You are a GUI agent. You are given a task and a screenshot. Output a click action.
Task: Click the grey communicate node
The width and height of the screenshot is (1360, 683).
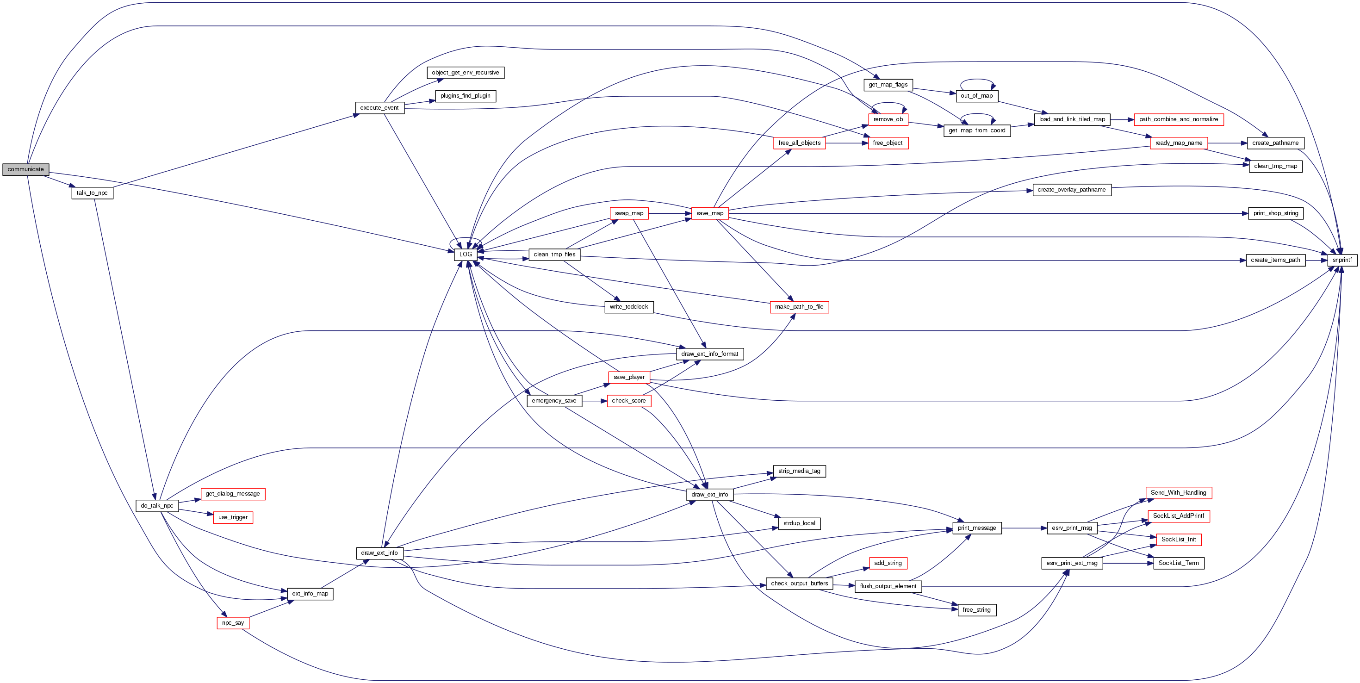[25, 169]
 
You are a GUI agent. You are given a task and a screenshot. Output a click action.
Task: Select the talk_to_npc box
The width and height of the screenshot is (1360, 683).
[92, 193]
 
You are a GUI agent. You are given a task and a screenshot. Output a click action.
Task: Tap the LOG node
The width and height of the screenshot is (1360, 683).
[465, 255]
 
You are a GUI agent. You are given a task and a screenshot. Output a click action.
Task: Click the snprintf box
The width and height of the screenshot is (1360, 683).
[1341, 260]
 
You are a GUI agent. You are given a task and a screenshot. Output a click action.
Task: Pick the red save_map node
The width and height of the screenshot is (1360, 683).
[709, 214]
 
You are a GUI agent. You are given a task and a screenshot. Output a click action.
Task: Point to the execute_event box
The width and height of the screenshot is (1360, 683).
[379, 108]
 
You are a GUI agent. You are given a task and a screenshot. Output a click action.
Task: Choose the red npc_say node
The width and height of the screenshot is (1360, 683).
[233, 623]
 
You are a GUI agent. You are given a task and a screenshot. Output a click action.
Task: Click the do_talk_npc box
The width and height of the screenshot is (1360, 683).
[157, 506]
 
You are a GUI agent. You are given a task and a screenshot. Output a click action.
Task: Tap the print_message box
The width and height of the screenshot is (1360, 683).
[977, 528]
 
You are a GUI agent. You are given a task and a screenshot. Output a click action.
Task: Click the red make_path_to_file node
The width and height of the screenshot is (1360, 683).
[799, 307]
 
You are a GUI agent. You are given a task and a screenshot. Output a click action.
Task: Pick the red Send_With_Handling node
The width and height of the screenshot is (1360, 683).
[1179, 493]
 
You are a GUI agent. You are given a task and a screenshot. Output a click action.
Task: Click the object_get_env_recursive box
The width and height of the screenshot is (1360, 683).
[465, 73]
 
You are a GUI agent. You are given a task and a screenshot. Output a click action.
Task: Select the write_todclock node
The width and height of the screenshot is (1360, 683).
[628, 307]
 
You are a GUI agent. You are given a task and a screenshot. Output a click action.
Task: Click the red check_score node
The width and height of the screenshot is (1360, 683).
[628, 401]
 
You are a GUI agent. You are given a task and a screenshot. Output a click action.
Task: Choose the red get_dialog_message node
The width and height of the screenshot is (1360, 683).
[232, 494]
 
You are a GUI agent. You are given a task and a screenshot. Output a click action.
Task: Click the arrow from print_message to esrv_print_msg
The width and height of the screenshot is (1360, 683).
[1024, 528]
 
